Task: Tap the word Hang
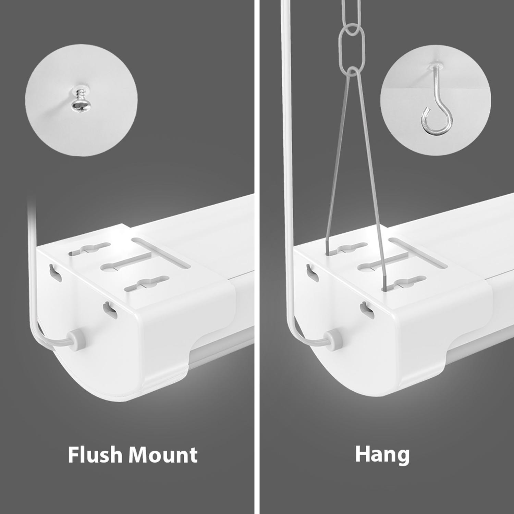point(382,455)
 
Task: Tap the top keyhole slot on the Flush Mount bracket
point(90,249)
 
